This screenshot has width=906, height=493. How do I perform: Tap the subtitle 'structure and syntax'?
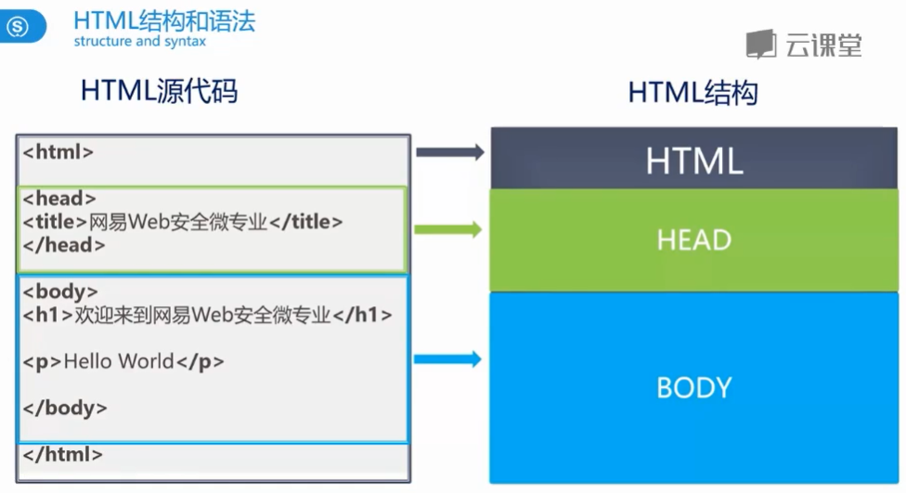tap(139, 42)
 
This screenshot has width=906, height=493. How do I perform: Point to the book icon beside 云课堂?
tap(761, 44)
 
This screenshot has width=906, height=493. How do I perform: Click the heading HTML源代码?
tap(159, 91)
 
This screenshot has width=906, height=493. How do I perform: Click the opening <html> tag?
tap(58, 151)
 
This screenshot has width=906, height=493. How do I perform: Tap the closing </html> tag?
tap(62, 455)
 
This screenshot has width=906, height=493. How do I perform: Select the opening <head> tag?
tap(59, 199)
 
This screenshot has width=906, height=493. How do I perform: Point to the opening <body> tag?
tap(60, 292)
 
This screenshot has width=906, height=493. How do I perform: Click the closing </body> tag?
tap(65, 408)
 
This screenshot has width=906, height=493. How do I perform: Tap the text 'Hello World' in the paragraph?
tap(119, 361)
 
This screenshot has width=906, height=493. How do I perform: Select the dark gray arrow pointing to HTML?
tap(450, 152)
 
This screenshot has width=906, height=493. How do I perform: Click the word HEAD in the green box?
tap(693, 240)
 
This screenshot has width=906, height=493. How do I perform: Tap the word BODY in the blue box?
tap(693, 387)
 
